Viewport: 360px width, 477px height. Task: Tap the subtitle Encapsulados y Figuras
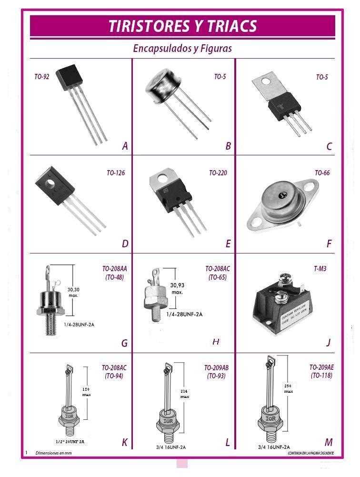coord(182,49)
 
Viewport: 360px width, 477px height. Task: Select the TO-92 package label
coord(42,77)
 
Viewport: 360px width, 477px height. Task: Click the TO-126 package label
coord(116,173)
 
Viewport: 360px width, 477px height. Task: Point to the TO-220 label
coord(218,173)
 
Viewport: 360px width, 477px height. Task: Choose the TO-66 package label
coord(322,173)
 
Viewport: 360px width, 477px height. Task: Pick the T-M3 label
coord(320,269)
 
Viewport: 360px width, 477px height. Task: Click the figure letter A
coord(125,146)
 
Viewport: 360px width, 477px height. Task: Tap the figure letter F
coord(329,244)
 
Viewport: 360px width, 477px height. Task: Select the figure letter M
coord(329,442)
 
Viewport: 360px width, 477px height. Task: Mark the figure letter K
coord(124,443)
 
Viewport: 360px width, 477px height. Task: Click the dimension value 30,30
coord(73,289)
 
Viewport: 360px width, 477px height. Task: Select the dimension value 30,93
coord(177,285)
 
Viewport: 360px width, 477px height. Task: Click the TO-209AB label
coord(216,368)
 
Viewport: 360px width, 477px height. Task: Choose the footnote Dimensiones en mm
coord(53,453)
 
